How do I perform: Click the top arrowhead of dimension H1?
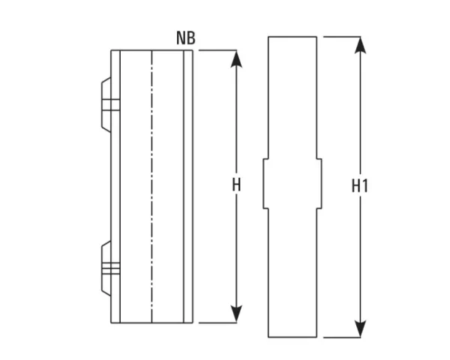pos(361,44)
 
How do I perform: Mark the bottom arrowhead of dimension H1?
pos(361,329)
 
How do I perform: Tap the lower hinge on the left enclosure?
pos(109,267)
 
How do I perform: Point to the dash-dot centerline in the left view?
pos(152,187)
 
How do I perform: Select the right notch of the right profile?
pos(319,184)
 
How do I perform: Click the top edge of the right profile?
pos(292,36)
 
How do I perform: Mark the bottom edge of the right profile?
pos(292,337)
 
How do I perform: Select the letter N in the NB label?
pos(181,37)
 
